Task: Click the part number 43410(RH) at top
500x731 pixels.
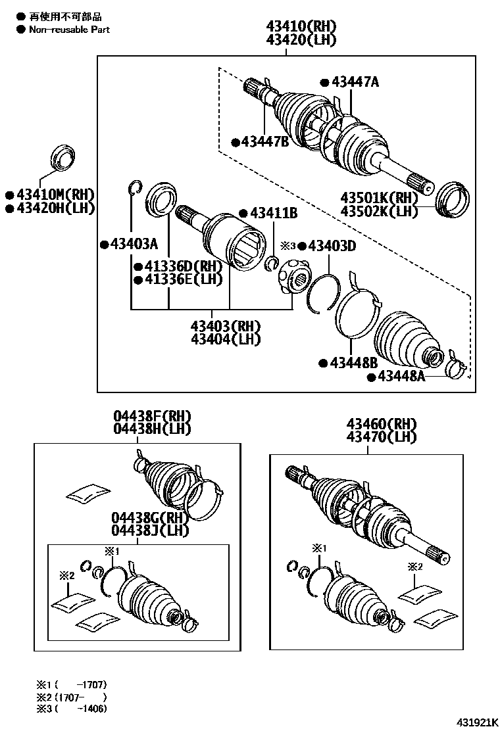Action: coord(301,26)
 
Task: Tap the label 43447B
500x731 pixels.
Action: coord(264,141)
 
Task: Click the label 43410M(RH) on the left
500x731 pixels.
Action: coord(55,194)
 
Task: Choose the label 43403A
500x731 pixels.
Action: coord(133,245)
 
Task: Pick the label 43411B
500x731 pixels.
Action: coord(273,213)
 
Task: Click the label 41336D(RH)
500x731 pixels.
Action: coord(182,266)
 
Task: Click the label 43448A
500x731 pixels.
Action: coord(400,377)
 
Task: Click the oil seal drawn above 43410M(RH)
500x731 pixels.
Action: coord(63,158)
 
